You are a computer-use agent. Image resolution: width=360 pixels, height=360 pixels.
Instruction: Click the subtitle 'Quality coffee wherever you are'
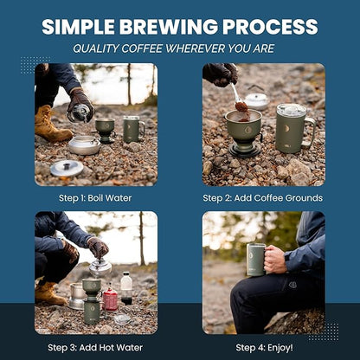[180, 49]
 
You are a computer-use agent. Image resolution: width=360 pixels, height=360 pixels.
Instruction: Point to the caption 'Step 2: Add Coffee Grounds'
[263, 197]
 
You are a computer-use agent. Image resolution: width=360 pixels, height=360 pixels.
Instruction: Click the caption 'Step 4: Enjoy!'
[263, 347]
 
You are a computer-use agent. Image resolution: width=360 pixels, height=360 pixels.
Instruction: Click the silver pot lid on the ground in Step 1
[67, 168]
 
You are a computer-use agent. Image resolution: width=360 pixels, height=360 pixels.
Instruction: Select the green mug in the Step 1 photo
[130, 129]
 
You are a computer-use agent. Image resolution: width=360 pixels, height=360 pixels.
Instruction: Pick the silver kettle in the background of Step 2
[256, 100]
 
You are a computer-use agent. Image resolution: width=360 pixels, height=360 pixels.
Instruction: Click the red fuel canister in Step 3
[110, 299]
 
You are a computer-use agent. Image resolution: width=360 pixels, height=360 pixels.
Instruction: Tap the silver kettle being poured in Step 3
[100, 267]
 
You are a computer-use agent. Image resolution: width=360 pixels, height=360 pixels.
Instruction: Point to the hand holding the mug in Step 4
[273, 258]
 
